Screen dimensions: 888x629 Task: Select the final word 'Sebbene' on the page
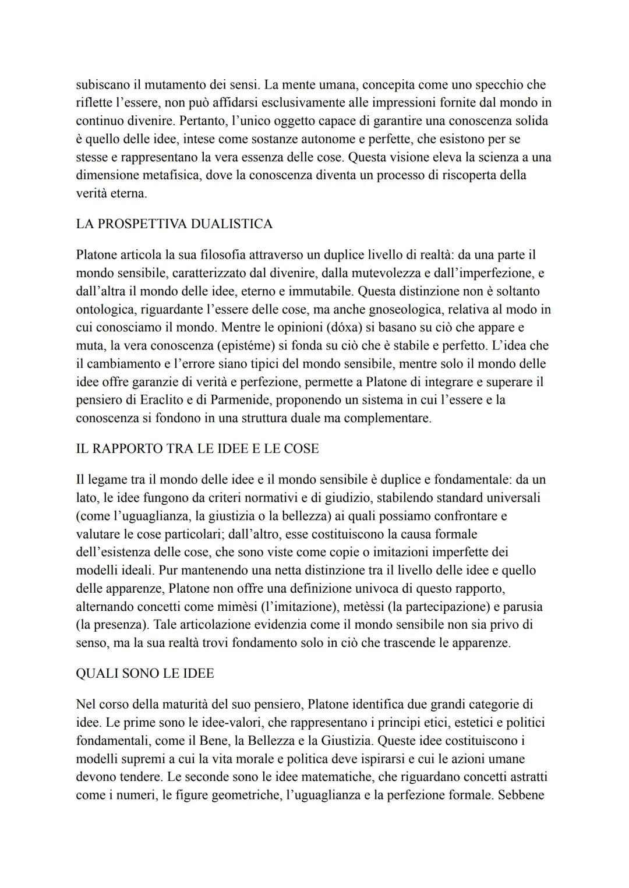tap(521, 795)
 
